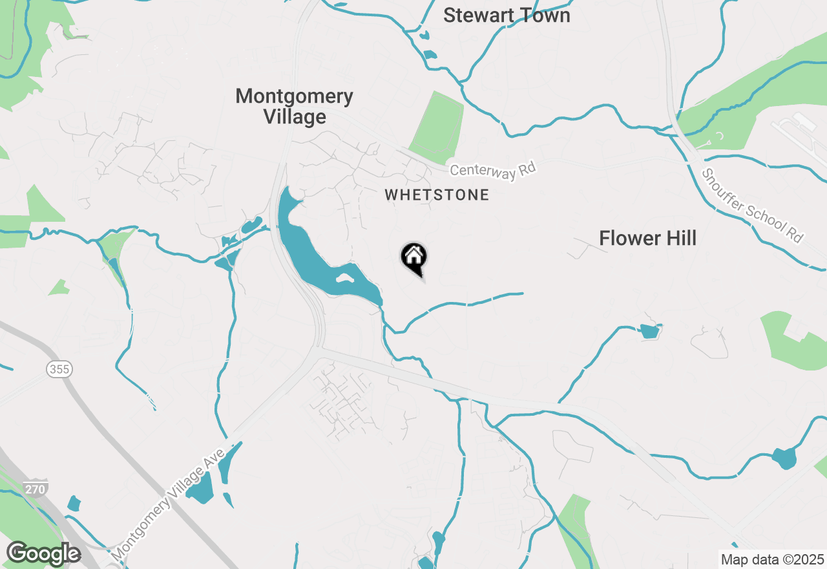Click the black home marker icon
[413, 257]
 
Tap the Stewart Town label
[507, 16]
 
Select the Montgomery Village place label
[295, 106]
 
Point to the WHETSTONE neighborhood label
[437, 195]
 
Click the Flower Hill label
[647, 238]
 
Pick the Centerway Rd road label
[494, 171]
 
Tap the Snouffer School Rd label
[753, 206]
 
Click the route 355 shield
[59, 369]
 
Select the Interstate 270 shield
[35, 489]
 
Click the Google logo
[43, 554]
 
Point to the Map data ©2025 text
[772, 559]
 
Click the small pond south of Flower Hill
[649, 332]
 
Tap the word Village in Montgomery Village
[295, 117]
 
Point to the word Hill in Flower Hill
[676, 238]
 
